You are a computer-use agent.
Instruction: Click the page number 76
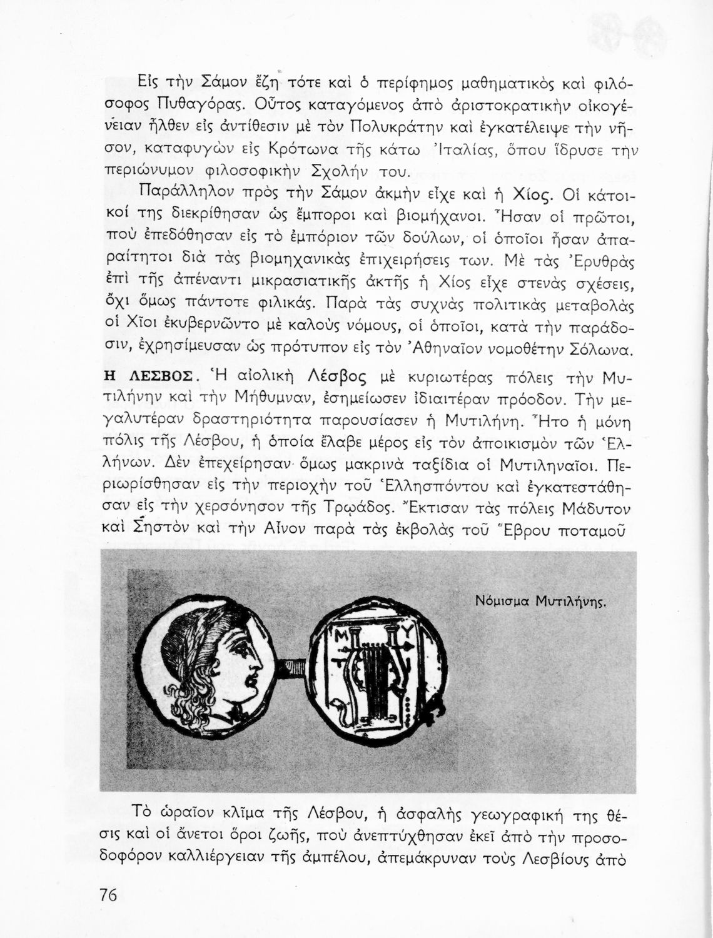108,895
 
